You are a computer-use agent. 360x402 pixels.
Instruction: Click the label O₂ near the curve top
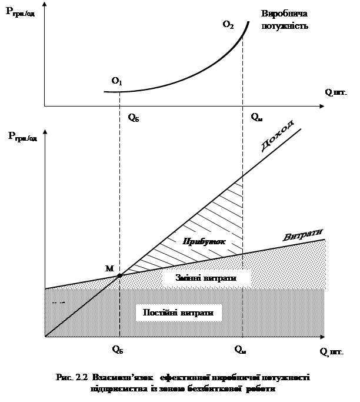[x=228, y=25]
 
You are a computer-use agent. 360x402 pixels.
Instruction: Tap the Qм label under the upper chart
[x=256, y=117]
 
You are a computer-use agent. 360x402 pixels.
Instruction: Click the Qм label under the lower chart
[x=240, y=349]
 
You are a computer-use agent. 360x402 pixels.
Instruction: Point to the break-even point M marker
[x=120, y=275]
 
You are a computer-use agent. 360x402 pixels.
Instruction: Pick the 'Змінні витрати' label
[x=202, y=277]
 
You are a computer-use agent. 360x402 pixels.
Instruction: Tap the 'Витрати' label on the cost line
[x=304, y=235]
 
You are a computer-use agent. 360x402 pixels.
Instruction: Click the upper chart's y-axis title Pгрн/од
[x=24, y=13]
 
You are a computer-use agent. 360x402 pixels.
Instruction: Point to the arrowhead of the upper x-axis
[x=321, y=107]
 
